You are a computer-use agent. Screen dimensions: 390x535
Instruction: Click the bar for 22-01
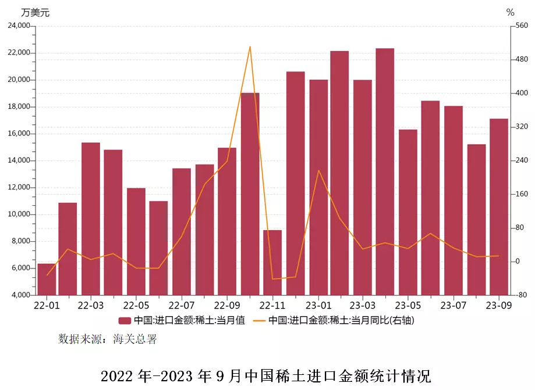(47, 280)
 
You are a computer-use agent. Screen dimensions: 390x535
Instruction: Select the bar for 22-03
(91, 219)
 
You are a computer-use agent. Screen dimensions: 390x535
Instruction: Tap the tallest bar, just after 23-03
(385, 171)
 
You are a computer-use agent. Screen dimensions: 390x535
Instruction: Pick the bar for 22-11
(272, 263)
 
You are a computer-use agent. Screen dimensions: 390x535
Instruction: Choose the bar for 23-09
(499, 207)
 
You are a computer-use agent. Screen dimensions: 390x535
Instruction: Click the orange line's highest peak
(250, 46)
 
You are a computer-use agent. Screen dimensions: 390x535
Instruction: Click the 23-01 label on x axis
(318, 305)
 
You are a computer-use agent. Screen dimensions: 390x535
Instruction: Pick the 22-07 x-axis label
(182, 305)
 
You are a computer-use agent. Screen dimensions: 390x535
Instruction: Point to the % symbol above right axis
(511, 12)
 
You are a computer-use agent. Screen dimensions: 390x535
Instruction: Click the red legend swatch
(124, 320)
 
